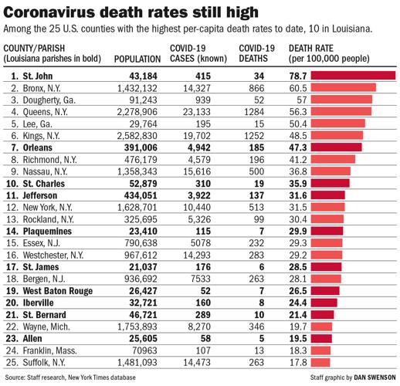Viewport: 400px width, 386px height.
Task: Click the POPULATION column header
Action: click(x=137, y=59)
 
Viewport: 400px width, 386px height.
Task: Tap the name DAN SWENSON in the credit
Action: click(x=371, y=376)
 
